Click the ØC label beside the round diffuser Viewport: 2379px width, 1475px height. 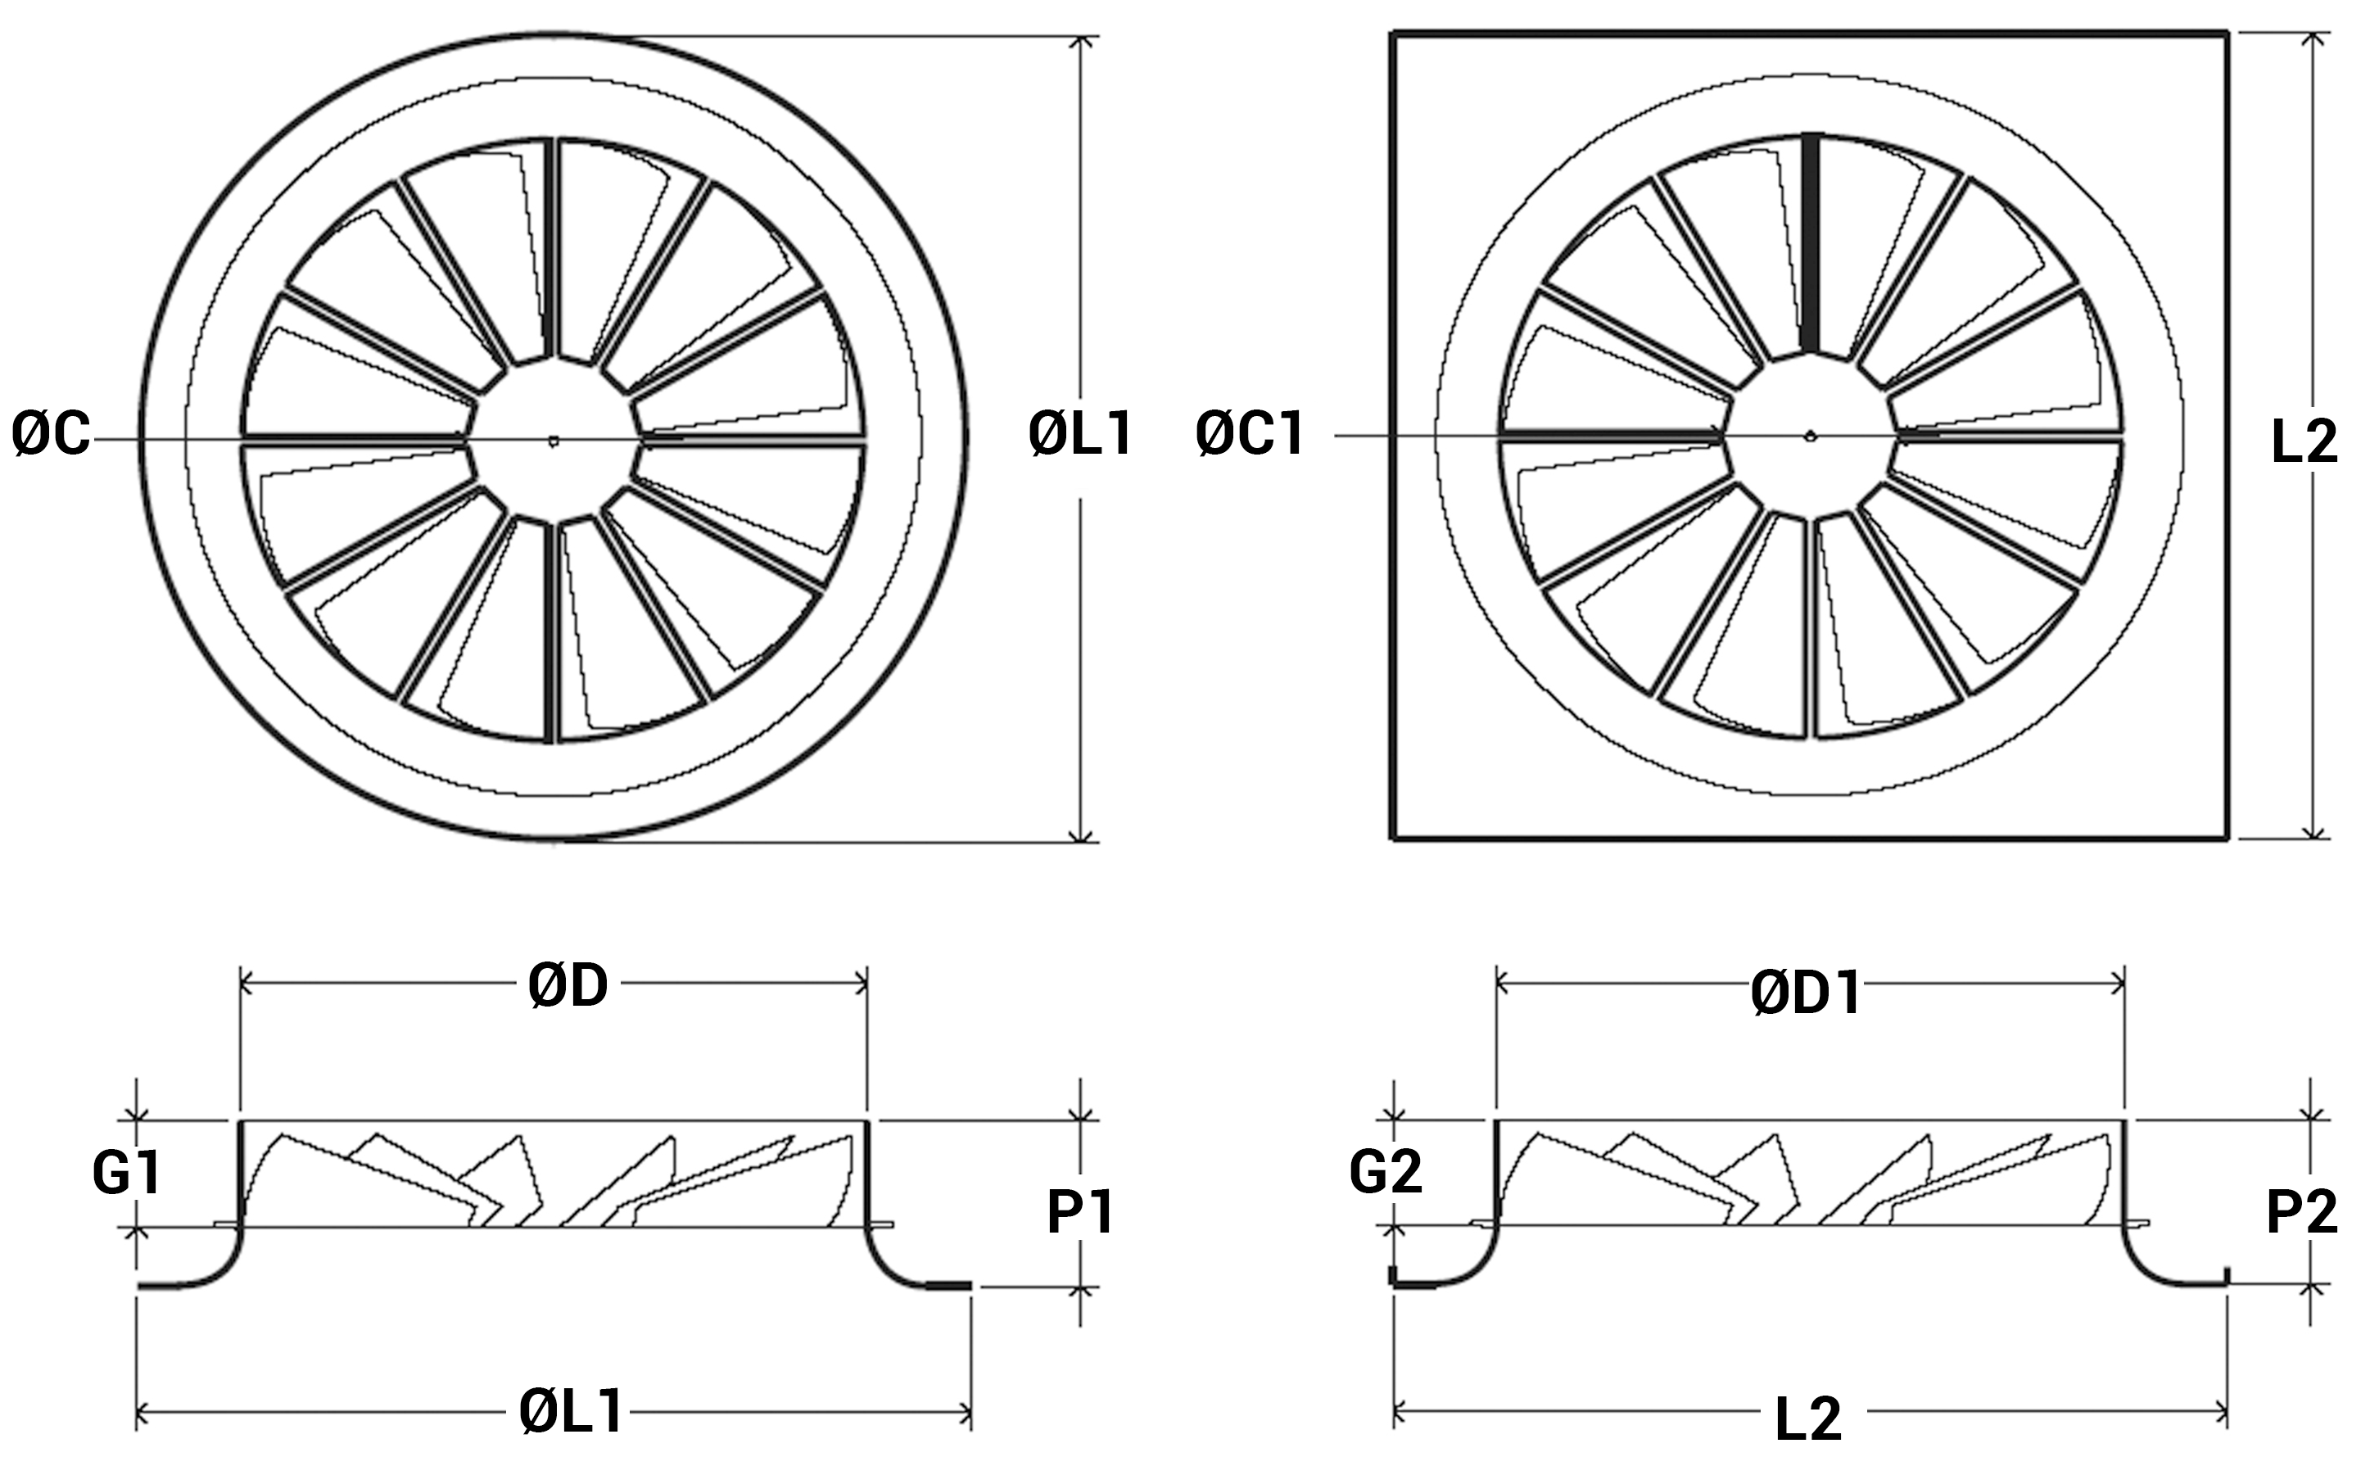tap(51, 434)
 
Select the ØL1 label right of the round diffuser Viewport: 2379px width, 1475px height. tap(1080, 434)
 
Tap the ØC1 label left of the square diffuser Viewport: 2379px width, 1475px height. tap(1250, 434)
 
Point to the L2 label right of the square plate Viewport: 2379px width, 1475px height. tap(2304, 442)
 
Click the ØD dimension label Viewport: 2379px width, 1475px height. tap(568, 987)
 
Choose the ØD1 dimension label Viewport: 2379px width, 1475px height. tap(1807, 994)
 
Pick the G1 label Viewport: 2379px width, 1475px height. tap(127, 1173)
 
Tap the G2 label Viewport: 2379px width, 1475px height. tap(1385, 1172)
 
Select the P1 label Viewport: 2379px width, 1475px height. tap(1080, 1213)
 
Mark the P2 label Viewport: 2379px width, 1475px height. tap(2302, 1213)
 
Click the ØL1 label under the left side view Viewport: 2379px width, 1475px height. tap(571, 1412)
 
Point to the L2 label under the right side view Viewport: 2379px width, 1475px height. tap(1807, 1419)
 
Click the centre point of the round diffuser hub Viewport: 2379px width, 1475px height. tap(553, 440)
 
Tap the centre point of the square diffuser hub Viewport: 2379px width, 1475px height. tap(1809, 435)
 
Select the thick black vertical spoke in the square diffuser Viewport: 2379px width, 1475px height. tap(1811, 244)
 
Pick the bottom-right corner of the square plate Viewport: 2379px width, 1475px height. tap(2226, 836)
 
